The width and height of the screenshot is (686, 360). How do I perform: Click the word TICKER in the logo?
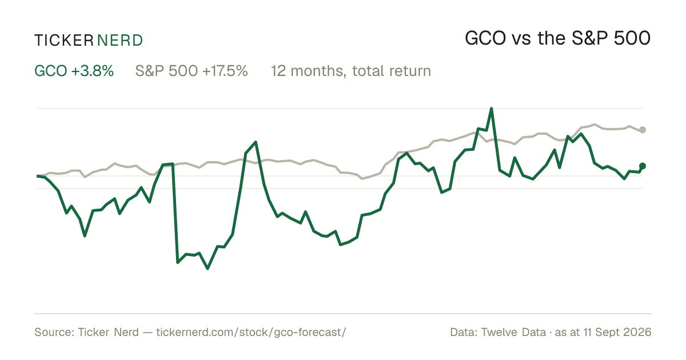point(63,41)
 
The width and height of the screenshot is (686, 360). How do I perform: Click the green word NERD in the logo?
point(119,41)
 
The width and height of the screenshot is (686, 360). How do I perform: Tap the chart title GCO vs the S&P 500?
point(557,39)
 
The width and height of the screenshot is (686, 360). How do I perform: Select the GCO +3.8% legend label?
point(74,71)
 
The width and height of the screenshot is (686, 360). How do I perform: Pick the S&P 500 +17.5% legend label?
point(192,71)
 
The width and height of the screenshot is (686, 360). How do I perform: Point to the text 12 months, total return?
point(351,71)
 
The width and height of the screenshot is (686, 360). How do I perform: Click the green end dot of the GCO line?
point(643,166)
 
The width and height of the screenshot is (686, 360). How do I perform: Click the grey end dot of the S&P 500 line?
point(643,130)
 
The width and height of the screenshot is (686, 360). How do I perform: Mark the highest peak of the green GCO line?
point(491,109)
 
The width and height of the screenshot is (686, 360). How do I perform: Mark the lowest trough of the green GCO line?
point(208,269)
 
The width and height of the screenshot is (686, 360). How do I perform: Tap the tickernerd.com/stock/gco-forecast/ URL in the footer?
point(251,332)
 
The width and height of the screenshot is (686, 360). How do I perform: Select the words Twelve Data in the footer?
point(513,332)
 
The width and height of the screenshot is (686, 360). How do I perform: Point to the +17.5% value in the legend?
point(225,71)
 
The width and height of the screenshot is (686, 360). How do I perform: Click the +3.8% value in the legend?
point(93,71)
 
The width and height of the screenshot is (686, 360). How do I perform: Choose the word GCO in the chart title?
point(485,39)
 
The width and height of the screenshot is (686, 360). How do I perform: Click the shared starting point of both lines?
point(37,176)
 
